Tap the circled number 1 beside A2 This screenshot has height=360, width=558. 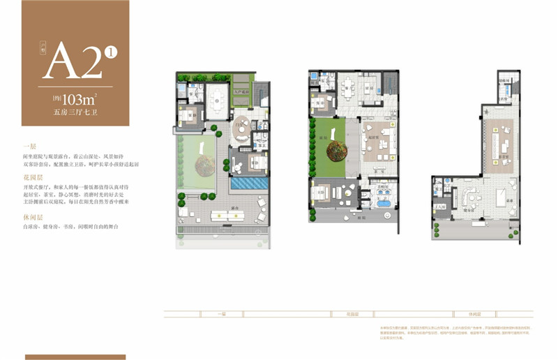[x=110, y=51]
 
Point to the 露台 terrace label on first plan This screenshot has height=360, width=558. [x=228, y=209]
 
